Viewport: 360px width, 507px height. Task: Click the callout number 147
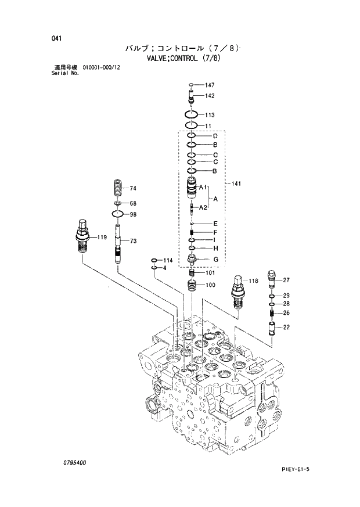210,85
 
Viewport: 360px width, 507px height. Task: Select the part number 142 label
210,96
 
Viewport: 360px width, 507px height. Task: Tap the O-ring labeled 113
193,114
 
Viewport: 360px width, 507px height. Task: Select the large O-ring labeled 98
118,215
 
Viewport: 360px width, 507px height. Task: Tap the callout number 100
210,285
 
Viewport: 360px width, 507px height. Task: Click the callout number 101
210,272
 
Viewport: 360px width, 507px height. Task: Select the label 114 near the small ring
168,260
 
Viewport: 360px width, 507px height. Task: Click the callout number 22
286,328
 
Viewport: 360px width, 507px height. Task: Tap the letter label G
215,259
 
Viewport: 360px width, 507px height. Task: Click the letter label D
215,136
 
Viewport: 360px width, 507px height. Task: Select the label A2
203,207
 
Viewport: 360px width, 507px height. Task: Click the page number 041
56,38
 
